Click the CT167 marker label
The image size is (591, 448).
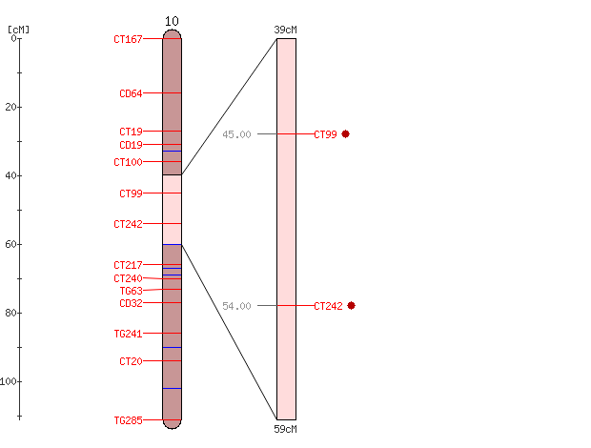(128, 39)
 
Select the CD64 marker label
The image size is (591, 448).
(131, 93)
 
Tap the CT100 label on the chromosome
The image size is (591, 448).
(128, 162)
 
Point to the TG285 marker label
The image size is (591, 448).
(128, 420)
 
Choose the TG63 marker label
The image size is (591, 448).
(132, 291)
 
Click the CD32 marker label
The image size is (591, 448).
(131, 303)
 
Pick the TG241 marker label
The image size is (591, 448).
(128, 334)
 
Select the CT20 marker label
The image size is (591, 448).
(131, 361)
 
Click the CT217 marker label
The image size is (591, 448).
(128, 265)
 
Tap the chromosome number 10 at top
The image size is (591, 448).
(172, 22)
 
